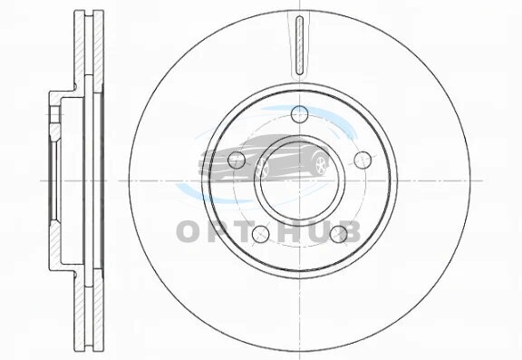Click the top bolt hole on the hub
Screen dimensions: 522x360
(x=299, y=114)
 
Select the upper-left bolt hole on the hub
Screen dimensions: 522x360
(x=237, y=160)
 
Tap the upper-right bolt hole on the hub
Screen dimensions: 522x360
(x=362, y=160)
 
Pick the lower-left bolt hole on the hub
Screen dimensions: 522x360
(x=260, y=234)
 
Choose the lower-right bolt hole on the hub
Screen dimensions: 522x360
(x=339, y=234)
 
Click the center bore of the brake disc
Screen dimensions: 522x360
(x=300, y=180)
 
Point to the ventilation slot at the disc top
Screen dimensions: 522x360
(x=300, y=45)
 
